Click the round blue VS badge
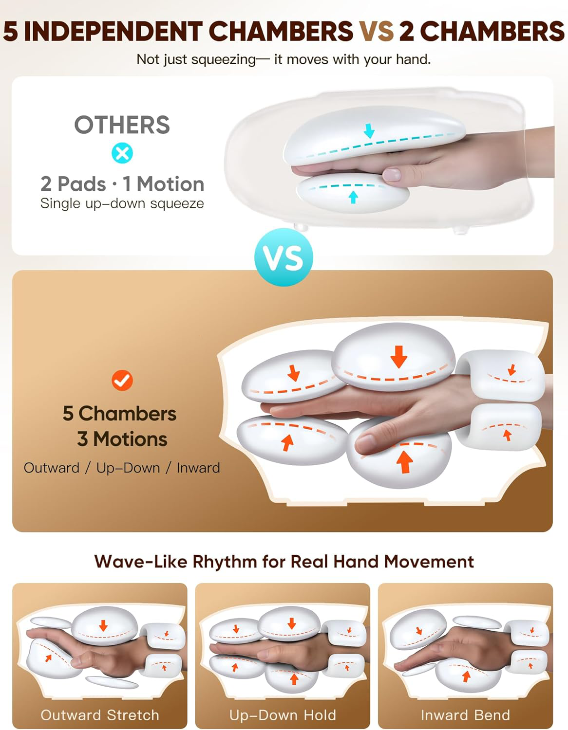[x=284, y=257]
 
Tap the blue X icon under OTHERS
[x=122, y=153]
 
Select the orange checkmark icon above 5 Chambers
[x=122, y=380]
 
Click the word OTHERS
[x=122, y=125]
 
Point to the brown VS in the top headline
[x=376, y=31]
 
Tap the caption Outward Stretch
[x=100, y=715]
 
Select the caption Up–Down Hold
[x=283, y=715]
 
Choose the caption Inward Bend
[x=466, y=715]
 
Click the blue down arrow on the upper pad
[x=369, y=131]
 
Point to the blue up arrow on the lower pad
[x=353, y=197]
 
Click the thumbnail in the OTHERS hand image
[x=392, y=175]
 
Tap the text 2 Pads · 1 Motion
[x=122, y=184]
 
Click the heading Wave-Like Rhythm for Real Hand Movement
[x=284, y=561]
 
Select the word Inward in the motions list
[x=198, y=468]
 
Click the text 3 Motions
[x=122, y=439]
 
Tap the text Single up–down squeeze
[x=122, y=203]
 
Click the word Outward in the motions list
[x=52, y=468]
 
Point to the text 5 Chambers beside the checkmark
[x=119, y=413]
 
